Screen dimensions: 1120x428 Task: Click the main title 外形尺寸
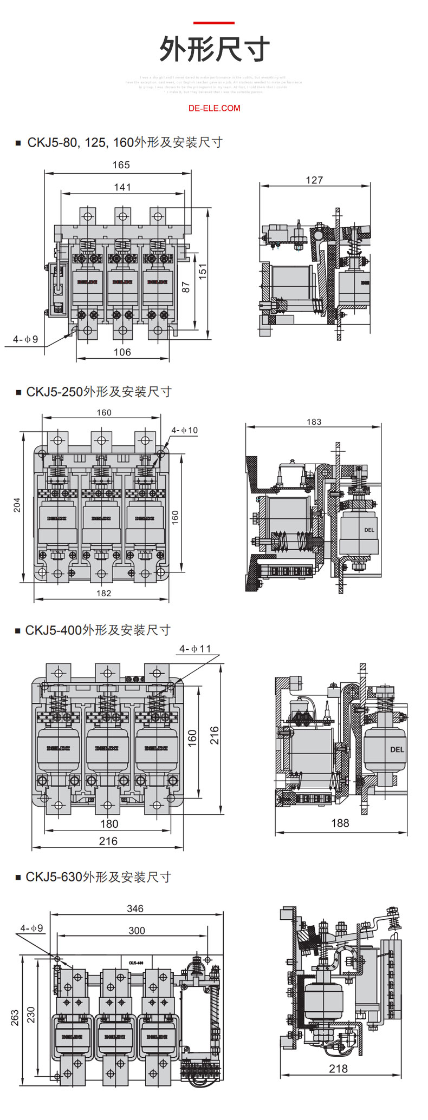pyautogui.click(x=214, y=50)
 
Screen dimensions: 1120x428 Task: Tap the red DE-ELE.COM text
pyautogui.click(x=214, y=108)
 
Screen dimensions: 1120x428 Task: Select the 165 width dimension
pyautogui.click(x=121, y=165)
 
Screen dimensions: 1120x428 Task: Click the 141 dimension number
pyautogui.click(x=122, y=187)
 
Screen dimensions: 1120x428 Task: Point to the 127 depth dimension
pyautogui.click(x=314, y=180)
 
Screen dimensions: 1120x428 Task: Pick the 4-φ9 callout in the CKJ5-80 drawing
pyautogui.click(x=25, y=339)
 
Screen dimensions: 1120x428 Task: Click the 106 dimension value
pyautogui.click(x=122, y=352)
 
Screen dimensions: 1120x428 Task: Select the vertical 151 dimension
pyautogui.click(x=203, y=271)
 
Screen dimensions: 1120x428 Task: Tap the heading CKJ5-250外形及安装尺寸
pyautogui.click(x=99, y=392)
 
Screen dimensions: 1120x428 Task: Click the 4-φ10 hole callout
pyautogui.click(x=185, y=430)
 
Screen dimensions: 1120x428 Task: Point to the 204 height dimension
pyautogui.click(x=17, y=505)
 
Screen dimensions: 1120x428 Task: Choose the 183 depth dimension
pyautogui.click(x=314, y=422)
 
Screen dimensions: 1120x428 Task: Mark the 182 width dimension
pyautogui.click(x=103, y=594)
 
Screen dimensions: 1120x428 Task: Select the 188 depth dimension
pyautogui.click(x=340, y=823)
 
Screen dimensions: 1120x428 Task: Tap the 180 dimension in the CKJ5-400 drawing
pyautogui.click(x=109, y=823)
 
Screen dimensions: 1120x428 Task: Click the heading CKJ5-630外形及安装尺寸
pyautogui.click(x=98, y=877)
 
